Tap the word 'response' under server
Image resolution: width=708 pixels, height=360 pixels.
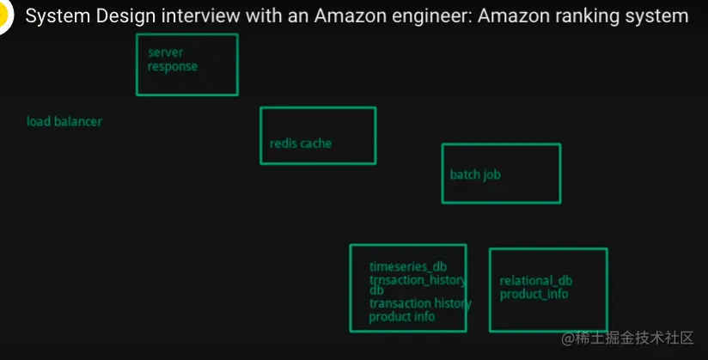point(172,66)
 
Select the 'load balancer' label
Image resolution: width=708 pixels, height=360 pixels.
point(64,121)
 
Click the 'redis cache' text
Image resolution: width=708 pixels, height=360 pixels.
point(300,143)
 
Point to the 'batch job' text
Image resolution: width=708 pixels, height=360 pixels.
point(475,174)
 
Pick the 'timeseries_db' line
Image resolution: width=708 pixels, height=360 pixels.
point(407,267)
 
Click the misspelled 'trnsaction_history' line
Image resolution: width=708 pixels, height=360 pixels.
point(418,280)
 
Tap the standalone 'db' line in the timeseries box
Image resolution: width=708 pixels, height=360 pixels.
point(376,290)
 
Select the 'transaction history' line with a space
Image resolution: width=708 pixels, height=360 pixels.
point(420,303)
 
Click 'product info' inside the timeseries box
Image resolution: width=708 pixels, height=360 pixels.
point(402,316)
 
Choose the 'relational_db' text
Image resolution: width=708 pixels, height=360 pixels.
point(536,281)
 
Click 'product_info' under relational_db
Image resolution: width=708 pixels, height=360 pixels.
point(534,294)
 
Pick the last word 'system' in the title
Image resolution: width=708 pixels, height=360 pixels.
point(662,16)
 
